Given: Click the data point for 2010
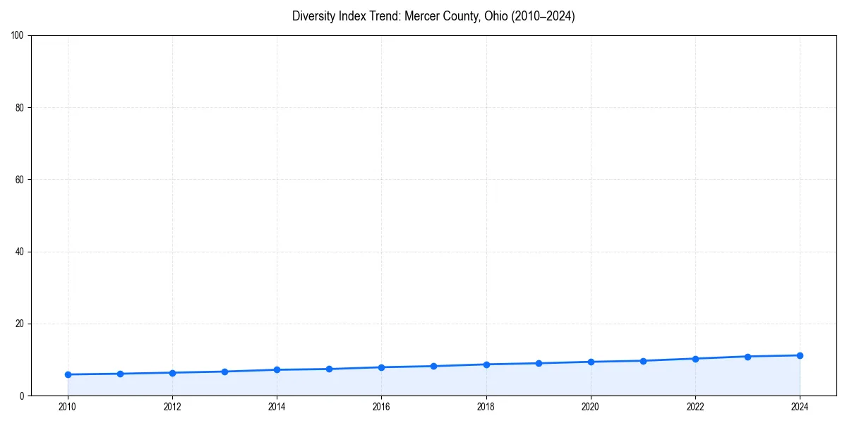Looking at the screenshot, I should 68,374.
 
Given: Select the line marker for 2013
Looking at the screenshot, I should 224,372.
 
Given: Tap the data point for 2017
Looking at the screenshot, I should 433,366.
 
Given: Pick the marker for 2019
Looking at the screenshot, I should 539,363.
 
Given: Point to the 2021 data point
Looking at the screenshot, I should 643,361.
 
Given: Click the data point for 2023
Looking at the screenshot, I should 747,357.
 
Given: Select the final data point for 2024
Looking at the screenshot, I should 800,355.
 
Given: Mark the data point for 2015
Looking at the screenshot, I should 329,369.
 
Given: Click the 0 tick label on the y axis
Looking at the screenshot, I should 22,396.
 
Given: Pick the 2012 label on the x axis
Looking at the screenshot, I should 172,407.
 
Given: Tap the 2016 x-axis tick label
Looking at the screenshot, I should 381,407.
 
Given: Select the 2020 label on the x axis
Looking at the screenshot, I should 591,407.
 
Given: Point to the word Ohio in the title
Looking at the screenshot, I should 495,16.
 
